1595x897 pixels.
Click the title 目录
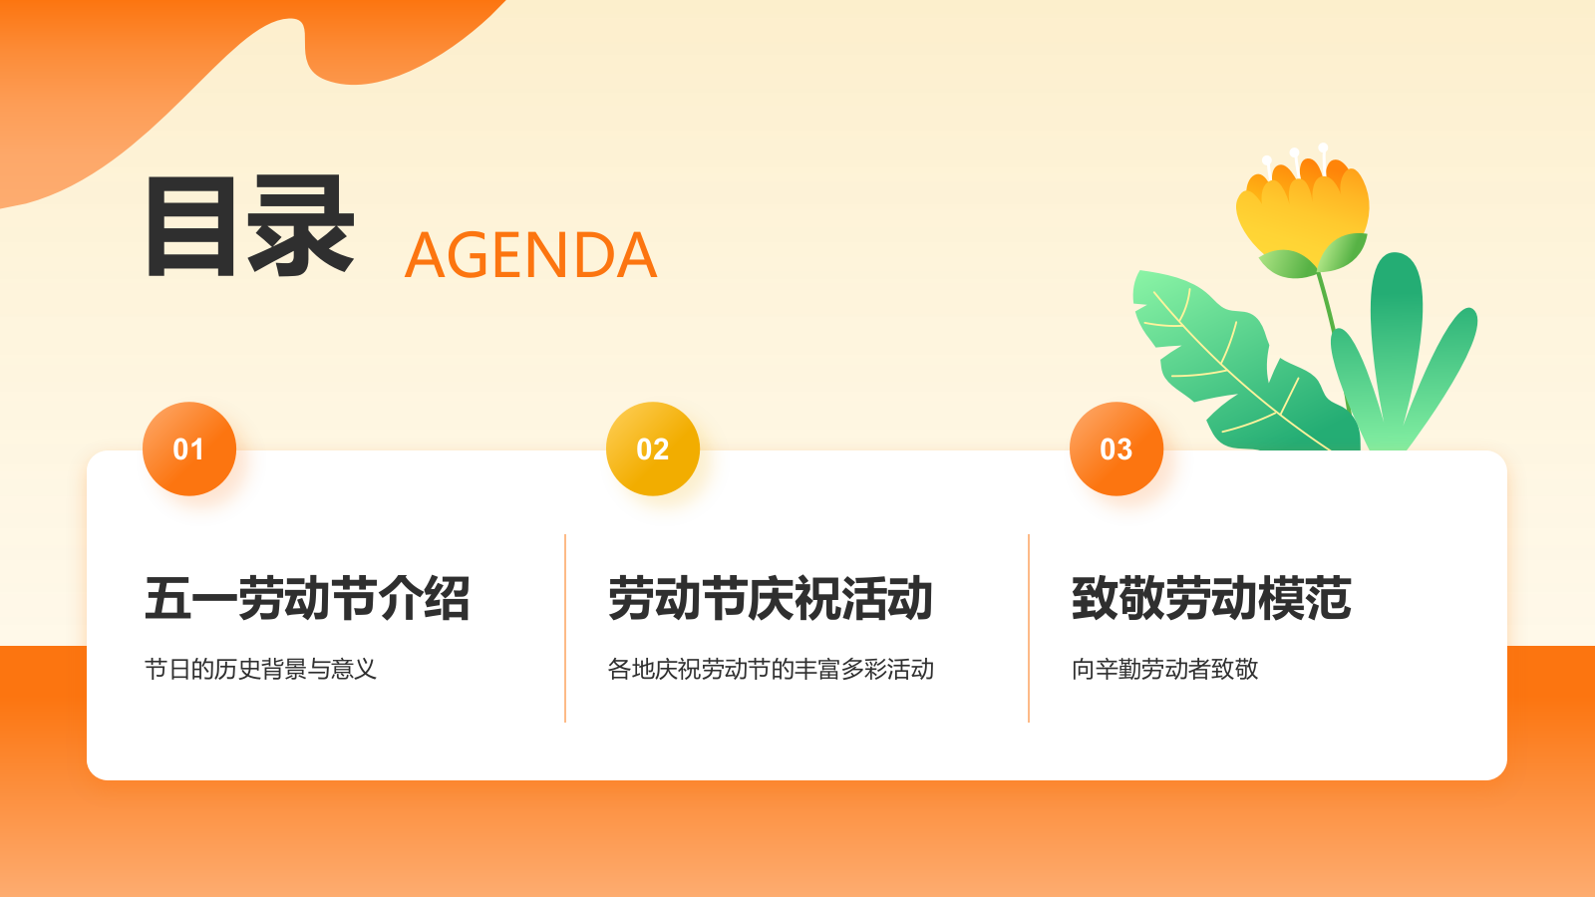coord(250,226)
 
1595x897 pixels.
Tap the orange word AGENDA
coord(530,256)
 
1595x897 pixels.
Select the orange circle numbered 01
coord(189,448)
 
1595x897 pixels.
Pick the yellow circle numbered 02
coord(653,448)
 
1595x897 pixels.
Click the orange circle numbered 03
coord(1116,448)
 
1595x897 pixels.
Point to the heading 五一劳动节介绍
coord(307,599)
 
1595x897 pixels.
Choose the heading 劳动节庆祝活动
coord(771,599)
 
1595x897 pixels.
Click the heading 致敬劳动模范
coord(1211,599)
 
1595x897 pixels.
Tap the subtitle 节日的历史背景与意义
coord(260,669)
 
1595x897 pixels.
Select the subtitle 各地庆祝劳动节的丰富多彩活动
coord(771,669)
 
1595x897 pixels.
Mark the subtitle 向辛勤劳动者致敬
coord(1164,669)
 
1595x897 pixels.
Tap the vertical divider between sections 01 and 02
coord(565,628)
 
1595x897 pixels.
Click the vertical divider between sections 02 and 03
coord(1029,628)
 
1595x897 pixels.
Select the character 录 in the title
coord(302,226)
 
